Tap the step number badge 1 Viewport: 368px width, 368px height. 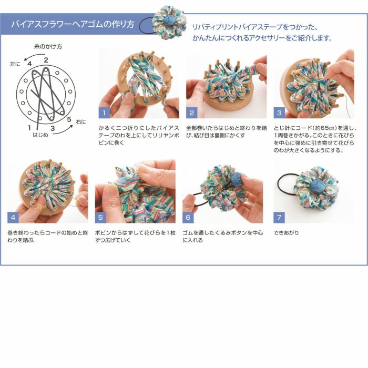tap(104, 113)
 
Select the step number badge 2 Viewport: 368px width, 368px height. tap(192, 113)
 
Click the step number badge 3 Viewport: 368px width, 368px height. tap(279, 113)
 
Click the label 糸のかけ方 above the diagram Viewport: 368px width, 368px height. tap(48, 47)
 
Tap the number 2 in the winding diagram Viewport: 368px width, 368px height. tap(46, 59)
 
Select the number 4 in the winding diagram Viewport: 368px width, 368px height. tap(30, 64)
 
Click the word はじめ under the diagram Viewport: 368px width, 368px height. tap(40, 135)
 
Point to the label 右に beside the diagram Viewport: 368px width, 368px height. tap(81, 122)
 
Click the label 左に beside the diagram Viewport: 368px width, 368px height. tap(15, 64)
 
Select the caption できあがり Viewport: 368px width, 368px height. tap(287, 232)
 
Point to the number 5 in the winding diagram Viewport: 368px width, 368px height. tap(69, 119)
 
